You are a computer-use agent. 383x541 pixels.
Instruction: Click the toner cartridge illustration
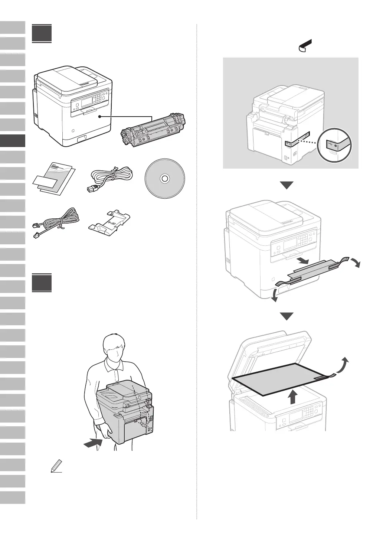153,131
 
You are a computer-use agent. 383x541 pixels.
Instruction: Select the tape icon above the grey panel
305,46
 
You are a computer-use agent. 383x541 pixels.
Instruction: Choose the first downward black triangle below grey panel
287,185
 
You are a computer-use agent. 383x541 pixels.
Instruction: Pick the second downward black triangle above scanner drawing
287,317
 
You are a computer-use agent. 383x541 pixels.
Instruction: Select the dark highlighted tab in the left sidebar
13,141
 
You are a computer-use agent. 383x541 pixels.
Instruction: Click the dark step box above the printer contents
42,34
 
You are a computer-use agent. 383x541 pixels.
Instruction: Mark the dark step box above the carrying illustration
42,283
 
